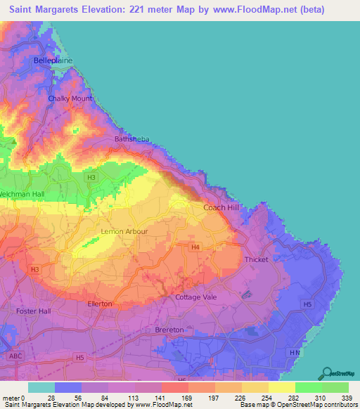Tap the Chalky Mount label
[70, 99]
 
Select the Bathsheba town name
[130, 139]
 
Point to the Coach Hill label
[221, 207]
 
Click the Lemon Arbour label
[122, 231]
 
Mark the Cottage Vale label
[196, 297]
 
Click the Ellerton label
[100, 304]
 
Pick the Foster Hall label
[34, 310]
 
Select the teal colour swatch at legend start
[41, 387]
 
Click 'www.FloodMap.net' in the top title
[247, 10]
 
